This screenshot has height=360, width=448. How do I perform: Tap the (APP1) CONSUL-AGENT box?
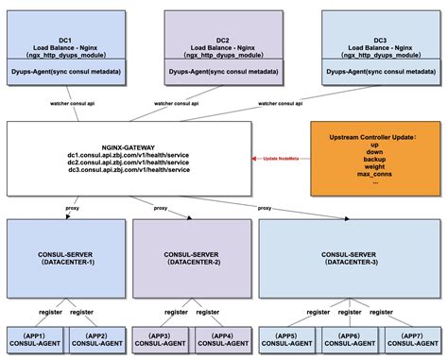(35, 340)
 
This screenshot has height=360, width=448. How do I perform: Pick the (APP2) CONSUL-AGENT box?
(97, 340)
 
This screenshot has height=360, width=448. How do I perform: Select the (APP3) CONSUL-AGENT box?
(161, 340)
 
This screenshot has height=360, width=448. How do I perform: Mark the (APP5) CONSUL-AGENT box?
(288, 340)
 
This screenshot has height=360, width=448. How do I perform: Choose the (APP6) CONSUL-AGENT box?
(351, 340)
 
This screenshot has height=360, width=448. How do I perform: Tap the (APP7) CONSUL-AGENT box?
(411, 340)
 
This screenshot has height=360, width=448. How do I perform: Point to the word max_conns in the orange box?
(374, 176)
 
